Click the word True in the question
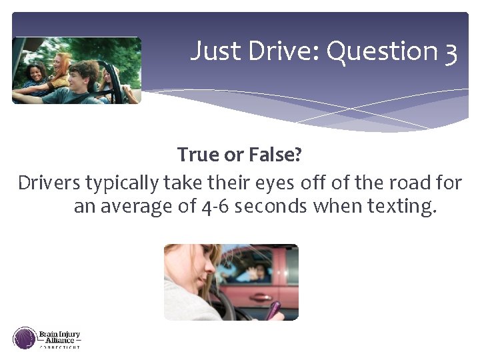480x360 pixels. (x=198, y=155)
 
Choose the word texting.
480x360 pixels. (x=403, y=207)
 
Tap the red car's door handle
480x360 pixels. (x=261, y=296)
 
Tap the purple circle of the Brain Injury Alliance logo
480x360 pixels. (x=25, y=338)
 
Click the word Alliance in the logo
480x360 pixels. (x=61, y=339)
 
